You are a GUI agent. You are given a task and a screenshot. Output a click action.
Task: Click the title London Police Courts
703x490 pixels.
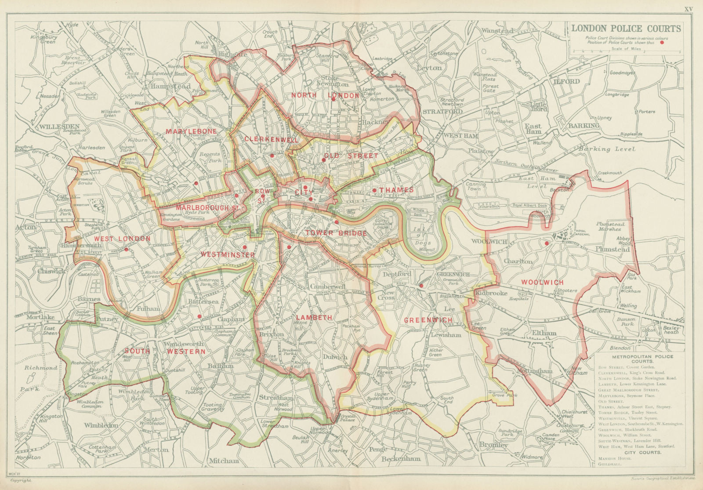[626, 29]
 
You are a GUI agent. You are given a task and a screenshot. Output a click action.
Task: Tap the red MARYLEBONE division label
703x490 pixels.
[185, 131]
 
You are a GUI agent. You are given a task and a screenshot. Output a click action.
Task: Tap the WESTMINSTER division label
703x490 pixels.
[228, 254]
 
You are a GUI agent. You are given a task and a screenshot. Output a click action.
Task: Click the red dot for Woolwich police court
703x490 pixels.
[547, 243]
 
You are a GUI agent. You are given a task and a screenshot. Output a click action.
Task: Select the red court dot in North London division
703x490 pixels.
[333, 99]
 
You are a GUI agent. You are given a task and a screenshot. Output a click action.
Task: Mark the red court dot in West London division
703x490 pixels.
[126, 249]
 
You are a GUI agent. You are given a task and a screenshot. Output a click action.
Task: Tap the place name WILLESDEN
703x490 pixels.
[58, 127]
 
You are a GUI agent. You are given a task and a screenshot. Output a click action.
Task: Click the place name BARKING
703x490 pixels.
[584, 126]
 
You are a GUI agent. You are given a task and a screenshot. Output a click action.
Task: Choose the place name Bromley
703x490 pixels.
[493, 445]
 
